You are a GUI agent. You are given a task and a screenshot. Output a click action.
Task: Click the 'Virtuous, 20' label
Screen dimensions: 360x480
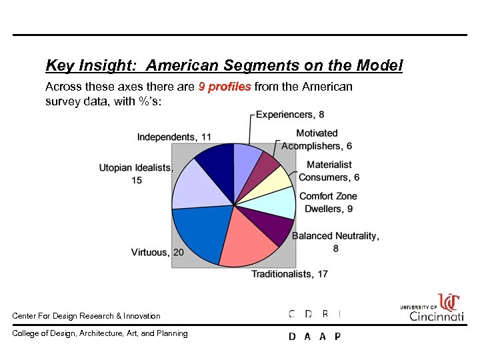[157, 252]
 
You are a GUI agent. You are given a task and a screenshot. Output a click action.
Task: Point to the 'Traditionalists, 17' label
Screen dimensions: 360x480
[289, 273]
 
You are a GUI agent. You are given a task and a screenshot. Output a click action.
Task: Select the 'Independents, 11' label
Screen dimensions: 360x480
[174, 137]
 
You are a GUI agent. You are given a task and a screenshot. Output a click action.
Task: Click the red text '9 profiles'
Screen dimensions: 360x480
[225, 87]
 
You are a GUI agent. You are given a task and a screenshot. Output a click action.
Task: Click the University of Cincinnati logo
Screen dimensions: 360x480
[432, 307]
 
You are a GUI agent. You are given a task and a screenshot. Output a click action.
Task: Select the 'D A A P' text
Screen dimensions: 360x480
[314, 337]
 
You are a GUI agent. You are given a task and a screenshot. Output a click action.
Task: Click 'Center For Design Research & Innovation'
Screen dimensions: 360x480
[87, 316]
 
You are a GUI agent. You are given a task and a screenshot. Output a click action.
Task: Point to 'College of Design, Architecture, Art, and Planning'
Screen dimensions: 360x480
[100, 333]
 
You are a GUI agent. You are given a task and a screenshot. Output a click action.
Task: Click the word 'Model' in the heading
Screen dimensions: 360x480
[379, 65]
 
